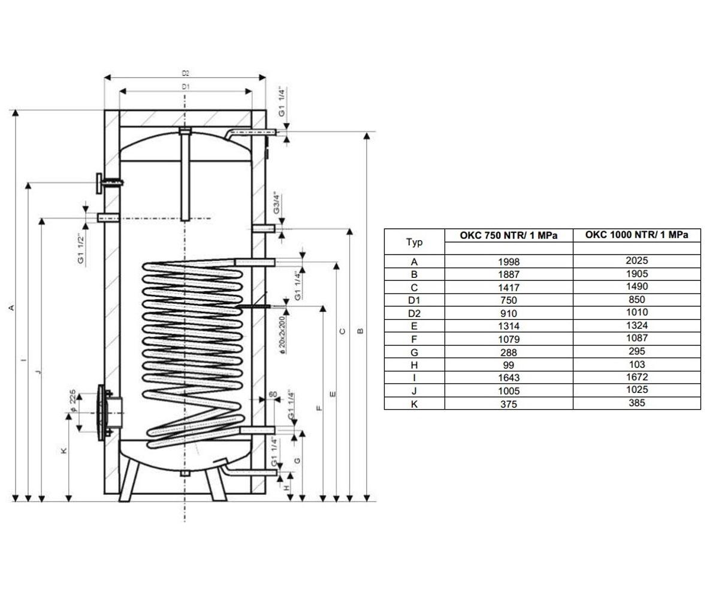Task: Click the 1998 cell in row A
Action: pos(509,262)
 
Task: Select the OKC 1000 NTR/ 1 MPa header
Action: pos(637,235)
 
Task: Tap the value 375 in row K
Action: pos(509,404)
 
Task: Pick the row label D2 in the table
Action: pos(414,314)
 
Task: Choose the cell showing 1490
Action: pos(637,287)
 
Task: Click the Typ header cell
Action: pos(414,242)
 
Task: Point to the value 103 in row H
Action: pos(637,365)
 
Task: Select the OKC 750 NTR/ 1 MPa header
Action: pos(509,235)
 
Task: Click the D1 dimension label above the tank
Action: pos(186,87)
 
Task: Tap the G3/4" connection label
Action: pos(277,203)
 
